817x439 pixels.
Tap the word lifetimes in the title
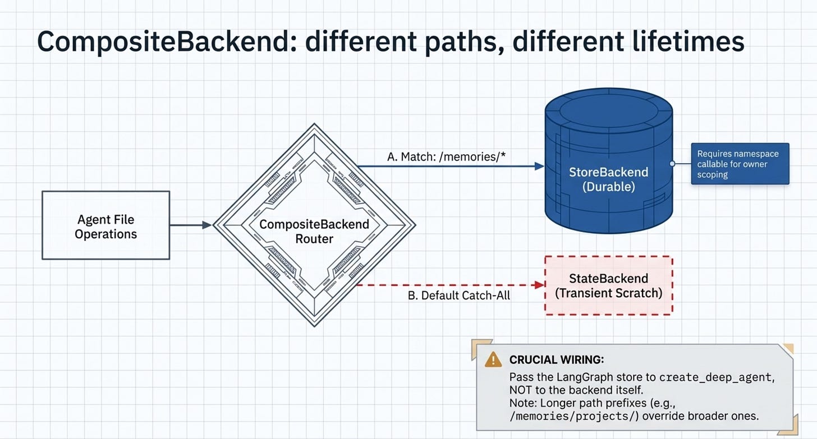click(x=689, y=41)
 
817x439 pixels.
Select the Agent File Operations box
click(x=105, y=225)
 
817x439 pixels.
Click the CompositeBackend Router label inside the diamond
click(x=314, y=232)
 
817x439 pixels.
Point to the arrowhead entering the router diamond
click(x=207, y=225)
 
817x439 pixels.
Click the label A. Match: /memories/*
click(x=447, y=156)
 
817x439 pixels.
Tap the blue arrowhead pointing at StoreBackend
click(x=539, y=166)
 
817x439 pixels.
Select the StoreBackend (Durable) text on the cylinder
click(x=609, y=179)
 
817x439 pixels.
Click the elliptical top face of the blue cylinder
click(x=609, y=110)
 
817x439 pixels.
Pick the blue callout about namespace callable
click(x=740, y=164)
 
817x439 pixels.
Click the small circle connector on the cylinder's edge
click(x=672, y=164)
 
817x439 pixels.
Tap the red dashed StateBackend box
click(x=609, y=285)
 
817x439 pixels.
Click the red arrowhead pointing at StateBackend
click(x=540, y=285)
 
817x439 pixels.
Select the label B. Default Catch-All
click(x=459, y=295)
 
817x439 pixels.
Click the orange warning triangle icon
click(x=493, y=359)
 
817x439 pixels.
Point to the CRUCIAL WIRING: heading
click(x=557, y=360)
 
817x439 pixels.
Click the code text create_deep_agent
click(x=715, y=377)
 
